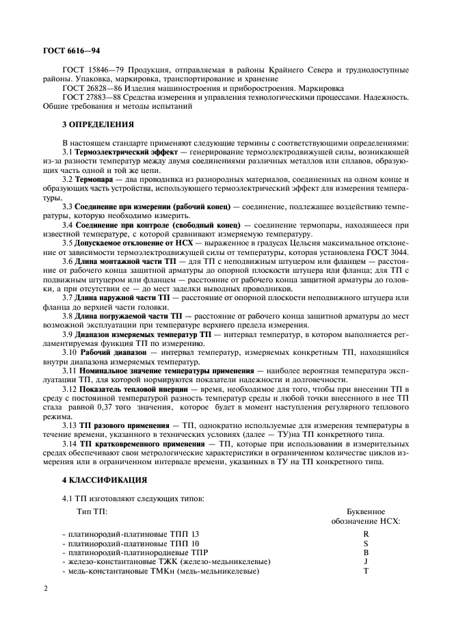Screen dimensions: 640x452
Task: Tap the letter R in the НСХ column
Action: point(366,533)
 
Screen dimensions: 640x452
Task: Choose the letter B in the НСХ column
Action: point(366,552)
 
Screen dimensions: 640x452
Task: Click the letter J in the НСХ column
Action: point(366,561)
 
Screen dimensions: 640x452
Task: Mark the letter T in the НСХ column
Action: point(366,571)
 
